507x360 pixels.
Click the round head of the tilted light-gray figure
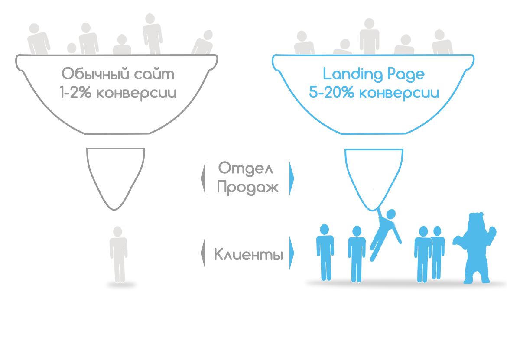[x=208, y=35]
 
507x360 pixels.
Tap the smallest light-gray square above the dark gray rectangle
[x=122, y=43]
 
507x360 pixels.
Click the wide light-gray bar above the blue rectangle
[x=374, y=36]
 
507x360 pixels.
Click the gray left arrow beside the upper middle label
[x=202, y=178]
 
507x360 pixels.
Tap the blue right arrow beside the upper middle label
[x=292, y=178]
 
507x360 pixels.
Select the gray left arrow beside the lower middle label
[x=202, y=253]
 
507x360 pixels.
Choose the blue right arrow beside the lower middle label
[x=292, y=253]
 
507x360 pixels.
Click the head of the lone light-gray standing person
[x=117, y=231]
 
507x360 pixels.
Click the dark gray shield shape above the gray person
[x=117, y=182]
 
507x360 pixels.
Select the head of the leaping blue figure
[x=391, y=214]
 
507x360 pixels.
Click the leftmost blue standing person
[x=325, y=251]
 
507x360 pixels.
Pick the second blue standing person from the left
[x=357, y=253]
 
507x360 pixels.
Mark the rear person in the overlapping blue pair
[x=438, y=251]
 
